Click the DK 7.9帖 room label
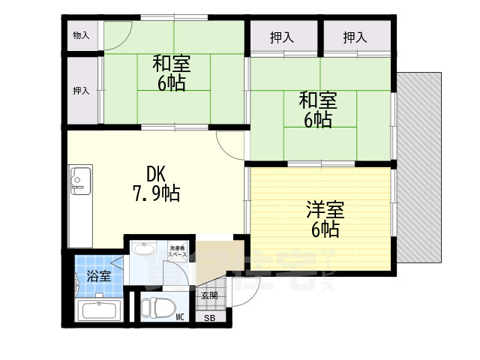(x=156, y=183)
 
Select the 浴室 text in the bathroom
(x=97, y=276)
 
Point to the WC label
(x=180, y=317)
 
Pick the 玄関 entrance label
(x=209, y=295)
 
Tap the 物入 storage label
(x=81, y=35)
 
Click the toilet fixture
(x=158, y=308)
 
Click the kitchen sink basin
(x=79, y=181)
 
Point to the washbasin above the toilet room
(x=145, y=250)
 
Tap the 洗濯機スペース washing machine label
(x=178, y=251)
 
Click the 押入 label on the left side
(x=81, y=91)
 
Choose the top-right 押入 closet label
(x=355, y=36)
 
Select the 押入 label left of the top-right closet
(x=283, y=36)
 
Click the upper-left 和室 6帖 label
(x=172, y=72)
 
